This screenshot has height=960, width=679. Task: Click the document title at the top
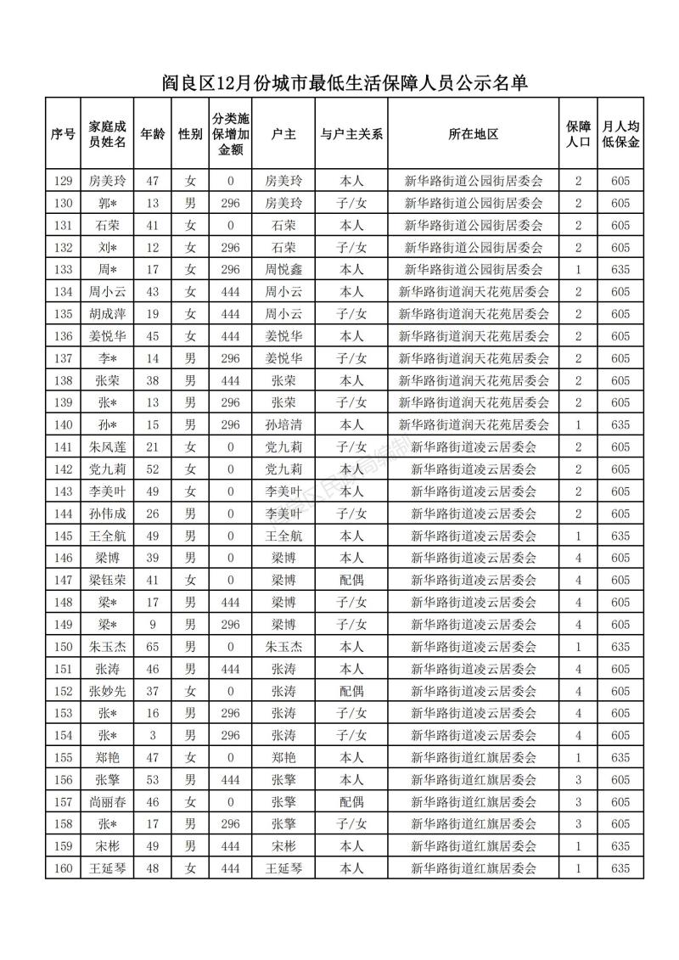coord(339,82)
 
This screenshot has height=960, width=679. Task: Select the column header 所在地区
coord(473,134)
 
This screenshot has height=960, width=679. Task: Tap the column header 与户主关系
coord(351,134)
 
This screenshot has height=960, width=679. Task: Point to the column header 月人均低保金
coord(620,134)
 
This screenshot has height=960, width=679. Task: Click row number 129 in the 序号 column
coord(62,181)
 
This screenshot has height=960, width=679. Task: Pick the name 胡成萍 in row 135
coord(107,314)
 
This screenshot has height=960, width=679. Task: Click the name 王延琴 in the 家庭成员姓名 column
coord(107,868)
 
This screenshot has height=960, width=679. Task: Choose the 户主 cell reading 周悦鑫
coord(283,270)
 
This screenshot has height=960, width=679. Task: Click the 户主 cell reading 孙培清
coord(283,424)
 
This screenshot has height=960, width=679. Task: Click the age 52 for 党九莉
coord(153,469)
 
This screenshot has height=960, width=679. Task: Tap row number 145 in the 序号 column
coord(62,536)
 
